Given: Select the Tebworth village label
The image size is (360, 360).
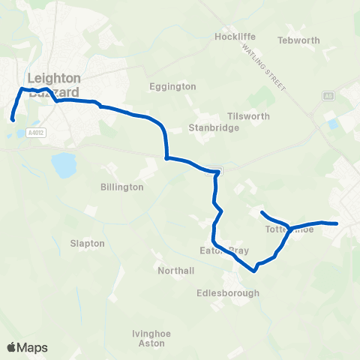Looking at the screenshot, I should click(298, 40).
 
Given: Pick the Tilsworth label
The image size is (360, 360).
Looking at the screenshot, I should click(248, 116).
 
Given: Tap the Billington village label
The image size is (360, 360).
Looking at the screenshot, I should click(121, 187).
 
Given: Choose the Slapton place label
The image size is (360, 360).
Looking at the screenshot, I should click(87, 244).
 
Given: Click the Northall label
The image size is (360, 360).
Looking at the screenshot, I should click(176, 270).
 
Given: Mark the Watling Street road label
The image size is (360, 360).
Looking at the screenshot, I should click(265, 67).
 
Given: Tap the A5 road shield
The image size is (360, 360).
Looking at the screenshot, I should click(328, 95).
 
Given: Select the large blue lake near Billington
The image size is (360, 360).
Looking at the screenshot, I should click(64, 163).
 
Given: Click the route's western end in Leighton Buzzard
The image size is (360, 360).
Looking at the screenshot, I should click(13, 118).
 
